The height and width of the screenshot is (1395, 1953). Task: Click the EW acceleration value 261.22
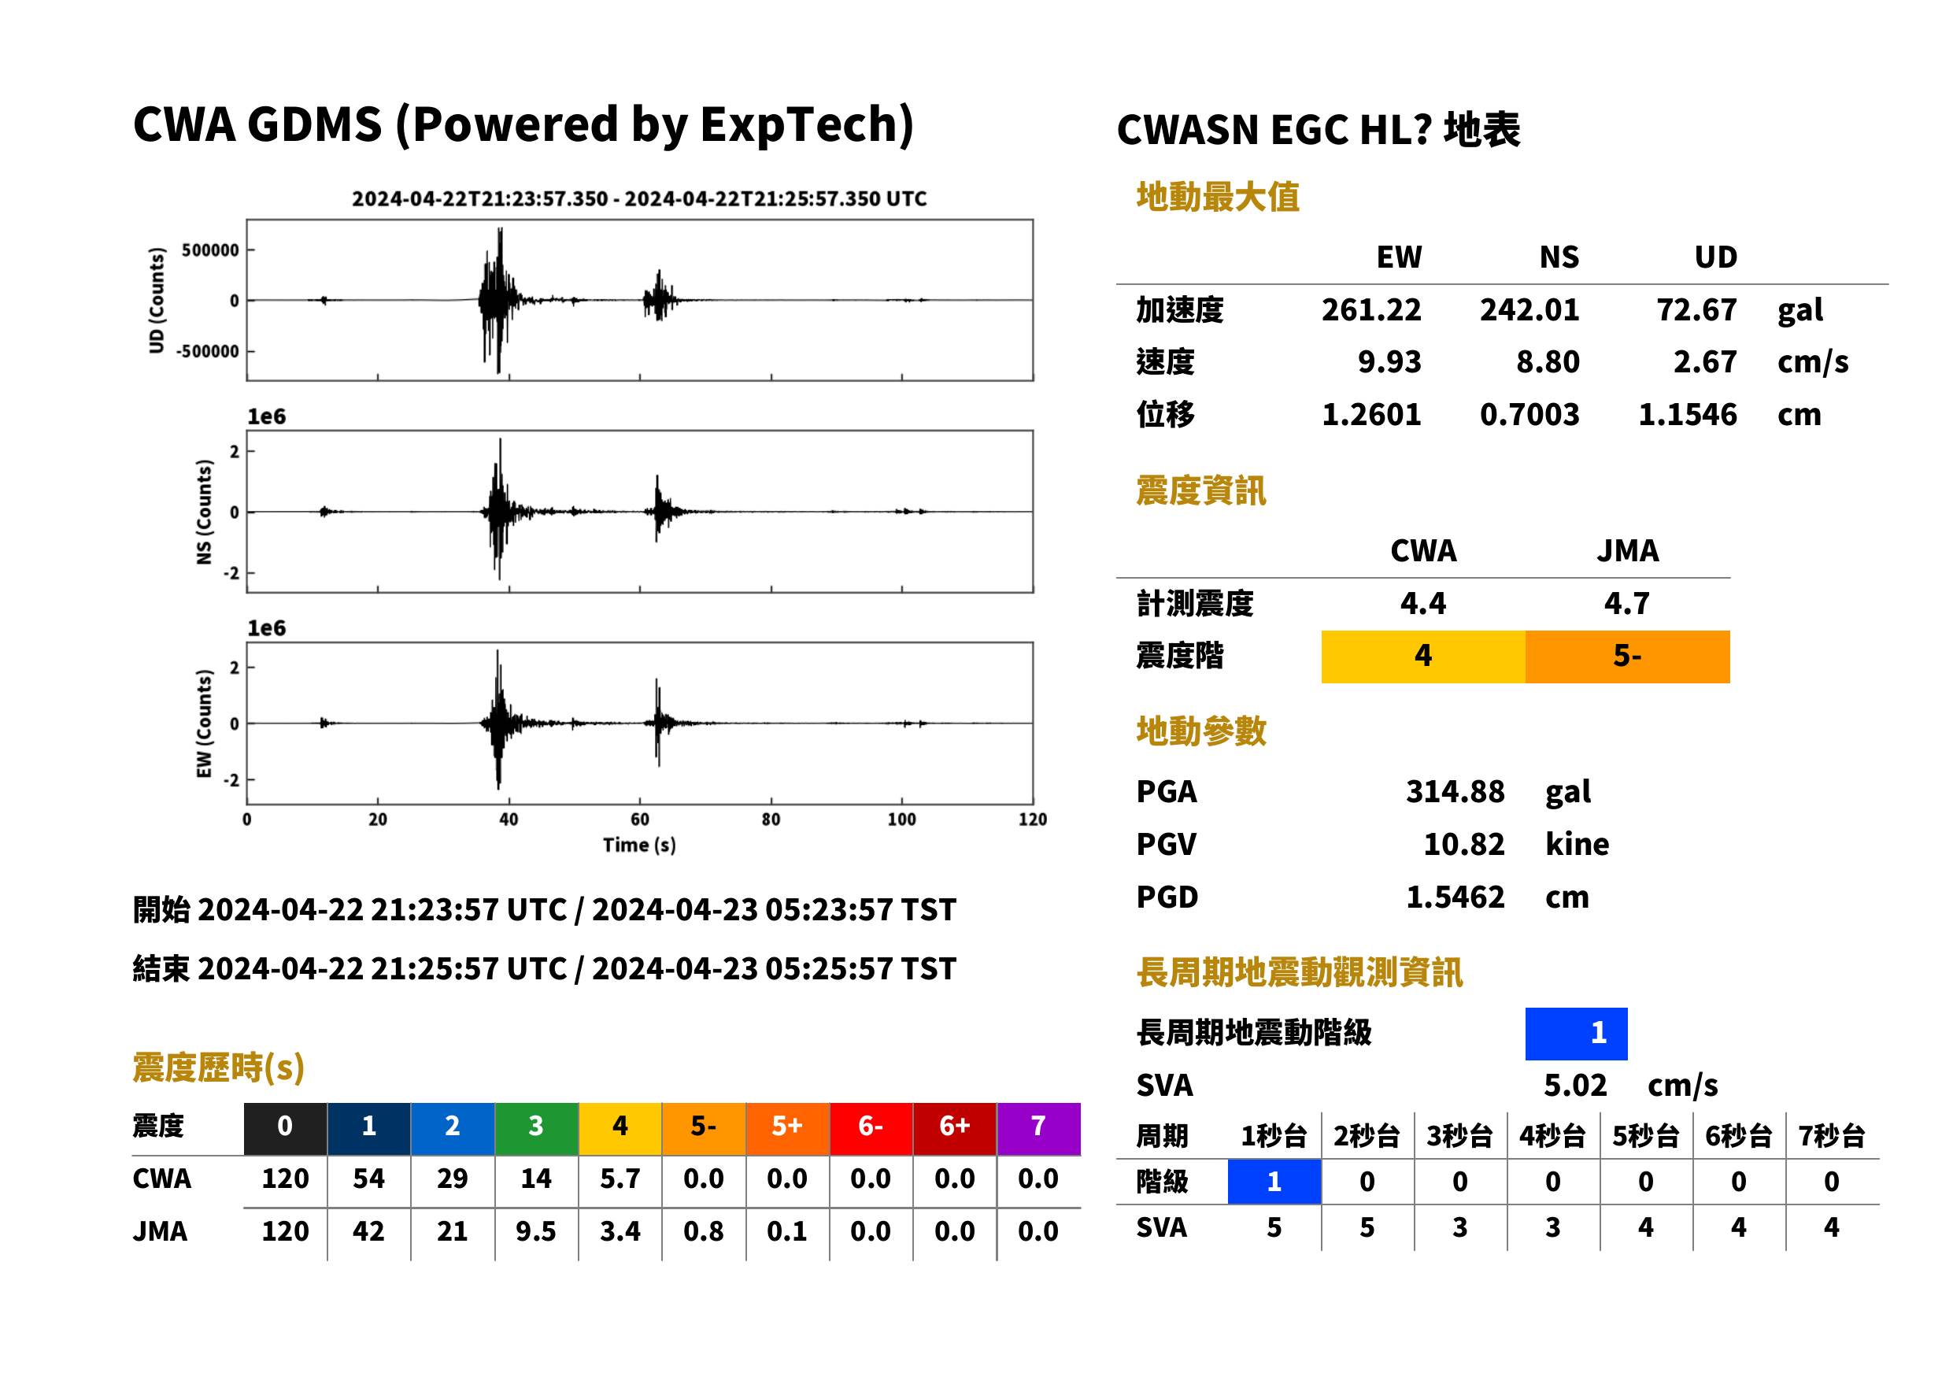coord(1370,310)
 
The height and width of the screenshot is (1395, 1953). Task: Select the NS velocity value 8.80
coord(1547,362)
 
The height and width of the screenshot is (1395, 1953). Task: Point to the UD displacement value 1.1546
coord(1687,415)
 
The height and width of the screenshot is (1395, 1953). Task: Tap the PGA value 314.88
coord(1455,791)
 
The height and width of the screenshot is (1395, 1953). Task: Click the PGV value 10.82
coord(1463,845)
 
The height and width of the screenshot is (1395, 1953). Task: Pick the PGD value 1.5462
coord(1455,897)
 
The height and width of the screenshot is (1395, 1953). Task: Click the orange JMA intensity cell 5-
coord(1626,657)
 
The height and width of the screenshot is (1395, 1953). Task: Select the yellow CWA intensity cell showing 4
coord(1423,657)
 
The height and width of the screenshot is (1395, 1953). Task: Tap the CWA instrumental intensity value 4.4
coord(1423,604)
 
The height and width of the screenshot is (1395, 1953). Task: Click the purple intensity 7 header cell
coord(1038,1128)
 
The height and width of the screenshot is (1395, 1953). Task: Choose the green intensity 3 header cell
coord(536,1128)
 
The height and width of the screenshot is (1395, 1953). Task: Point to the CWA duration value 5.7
coord(620,1179)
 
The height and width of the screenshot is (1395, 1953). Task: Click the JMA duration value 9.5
coord(536,1232)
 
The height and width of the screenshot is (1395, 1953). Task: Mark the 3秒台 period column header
coord(1460,1137)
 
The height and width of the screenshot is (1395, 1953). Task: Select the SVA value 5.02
coord(1574,1086)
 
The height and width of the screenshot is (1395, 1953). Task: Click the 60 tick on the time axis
coord(640,820)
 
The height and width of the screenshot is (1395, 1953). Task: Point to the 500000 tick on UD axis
coord(210,250)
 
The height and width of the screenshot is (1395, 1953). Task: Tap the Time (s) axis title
coord(639,846)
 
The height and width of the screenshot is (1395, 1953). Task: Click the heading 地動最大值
coord(1217,198)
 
